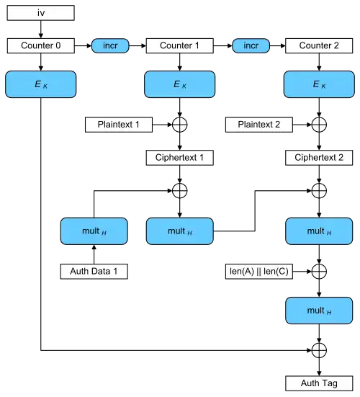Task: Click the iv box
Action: pos(40,13)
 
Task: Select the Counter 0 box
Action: pos(40,46)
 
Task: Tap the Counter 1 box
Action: pos(179,46)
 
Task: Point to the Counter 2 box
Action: pos(318,46)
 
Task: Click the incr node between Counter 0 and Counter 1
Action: pos(110,46)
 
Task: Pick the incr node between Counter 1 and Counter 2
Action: pos(250,46)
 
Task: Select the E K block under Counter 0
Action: pos(40,85)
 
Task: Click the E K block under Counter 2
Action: pos(318,85)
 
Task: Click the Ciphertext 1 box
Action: pos(179,158)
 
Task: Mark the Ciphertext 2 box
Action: pos(318,158)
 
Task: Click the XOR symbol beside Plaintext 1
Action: pos(179,125)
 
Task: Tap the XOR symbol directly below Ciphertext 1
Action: pos(179,191)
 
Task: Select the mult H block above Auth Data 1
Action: pos(94,231)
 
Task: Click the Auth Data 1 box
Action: pos(94,271)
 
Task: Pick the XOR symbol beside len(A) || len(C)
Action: pos(318,271)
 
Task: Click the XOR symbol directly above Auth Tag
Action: pos(318,349)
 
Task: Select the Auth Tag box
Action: pos(318,382)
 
